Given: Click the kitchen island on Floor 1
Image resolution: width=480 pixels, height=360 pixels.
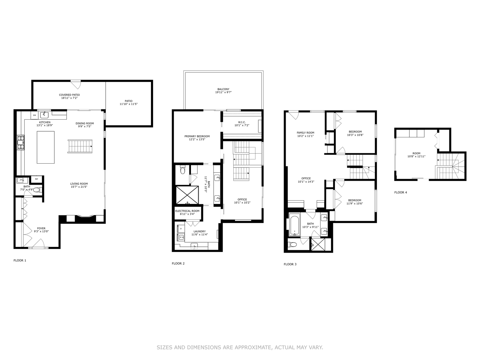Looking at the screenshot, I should tap(46, 147).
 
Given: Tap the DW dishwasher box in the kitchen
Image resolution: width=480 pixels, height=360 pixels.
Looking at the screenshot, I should tap(34, 115).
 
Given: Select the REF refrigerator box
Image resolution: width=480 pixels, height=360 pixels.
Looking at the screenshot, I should tap(36, 179).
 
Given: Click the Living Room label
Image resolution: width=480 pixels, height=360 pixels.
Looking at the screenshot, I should tap(79, 184).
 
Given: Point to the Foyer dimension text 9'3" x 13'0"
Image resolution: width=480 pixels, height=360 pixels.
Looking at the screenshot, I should tap(41, 231).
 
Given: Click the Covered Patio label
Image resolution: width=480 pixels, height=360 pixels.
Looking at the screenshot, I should tap(69, 95).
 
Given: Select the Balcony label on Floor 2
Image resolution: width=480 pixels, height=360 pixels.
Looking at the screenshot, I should tap(223, 89).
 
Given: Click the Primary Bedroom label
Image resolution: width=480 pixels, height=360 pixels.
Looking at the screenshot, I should tap(197, 136).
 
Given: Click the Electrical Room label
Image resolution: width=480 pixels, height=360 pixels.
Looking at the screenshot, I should tap(187, 211).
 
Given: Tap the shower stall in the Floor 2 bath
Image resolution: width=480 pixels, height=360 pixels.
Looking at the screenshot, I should tap(187, 195).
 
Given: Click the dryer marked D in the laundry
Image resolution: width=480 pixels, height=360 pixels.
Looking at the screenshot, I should tap(181, 229).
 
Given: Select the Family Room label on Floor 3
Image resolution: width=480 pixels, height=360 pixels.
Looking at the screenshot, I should tap(305, 133).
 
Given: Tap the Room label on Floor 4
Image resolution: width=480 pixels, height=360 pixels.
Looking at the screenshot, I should tap(416, 153).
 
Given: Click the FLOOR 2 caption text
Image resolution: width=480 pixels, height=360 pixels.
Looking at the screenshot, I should tap(178, 264).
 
